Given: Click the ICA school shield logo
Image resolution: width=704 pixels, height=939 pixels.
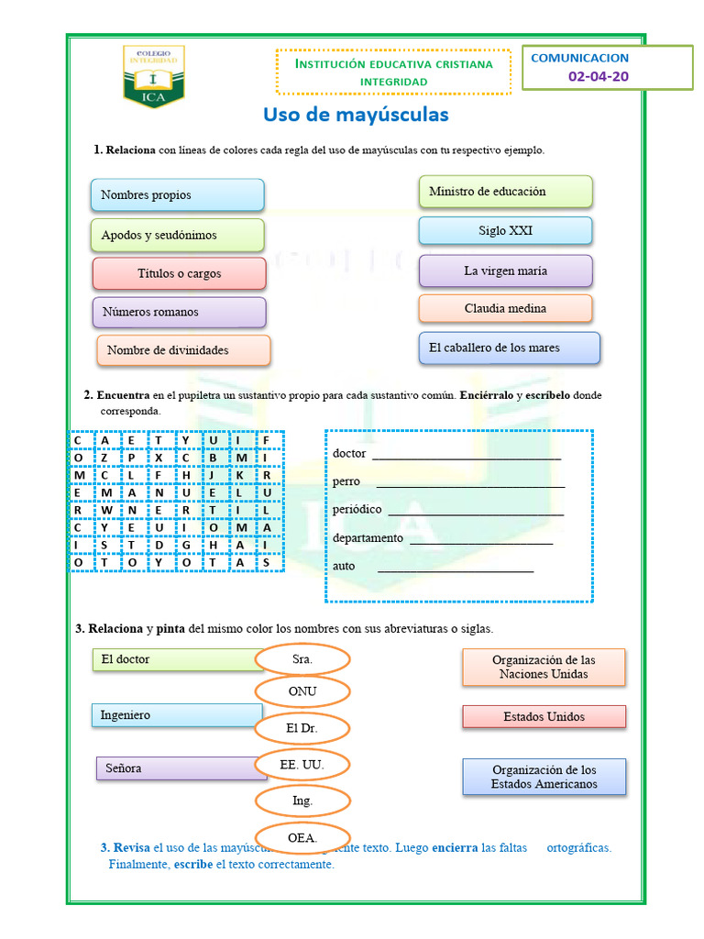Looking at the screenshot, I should click(x=152, y=76).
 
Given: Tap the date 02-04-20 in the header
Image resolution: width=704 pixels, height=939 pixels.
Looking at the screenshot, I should click(x=599, y=76).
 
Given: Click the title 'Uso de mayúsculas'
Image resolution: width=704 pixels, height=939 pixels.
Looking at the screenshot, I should click(x=356, y=115).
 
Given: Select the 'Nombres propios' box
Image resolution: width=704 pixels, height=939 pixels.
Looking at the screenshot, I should click(x=177, y=194).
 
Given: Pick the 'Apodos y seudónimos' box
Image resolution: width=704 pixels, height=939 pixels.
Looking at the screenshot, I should click(x=177, y=235).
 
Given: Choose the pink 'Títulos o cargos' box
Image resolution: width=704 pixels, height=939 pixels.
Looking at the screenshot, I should click(x=179, y=273).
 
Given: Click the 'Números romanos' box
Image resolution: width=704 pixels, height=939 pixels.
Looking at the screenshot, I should click(x=179, y=312).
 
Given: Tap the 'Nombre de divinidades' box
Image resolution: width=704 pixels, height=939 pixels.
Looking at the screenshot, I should click(x=183, y=350).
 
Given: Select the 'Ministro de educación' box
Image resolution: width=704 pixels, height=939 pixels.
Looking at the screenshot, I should click(x=505, y=192).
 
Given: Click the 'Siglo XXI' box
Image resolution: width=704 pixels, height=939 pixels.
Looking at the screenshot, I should click(x=505, y=231).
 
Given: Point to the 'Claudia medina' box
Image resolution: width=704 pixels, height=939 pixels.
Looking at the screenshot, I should click(x=505, y=309).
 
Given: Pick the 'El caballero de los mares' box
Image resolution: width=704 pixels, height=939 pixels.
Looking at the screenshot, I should click(x=509, y=348).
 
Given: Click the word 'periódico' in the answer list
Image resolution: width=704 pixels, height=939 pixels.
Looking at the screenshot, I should click(x=357, y=510).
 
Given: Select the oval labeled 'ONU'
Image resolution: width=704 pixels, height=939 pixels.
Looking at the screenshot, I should click(x=302, y=691).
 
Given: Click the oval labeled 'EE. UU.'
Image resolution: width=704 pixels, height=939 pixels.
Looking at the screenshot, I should click(x=302, y=764).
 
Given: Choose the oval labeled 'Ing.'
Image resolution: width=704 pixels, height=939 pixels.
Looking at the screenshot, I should click(x=302, y=801).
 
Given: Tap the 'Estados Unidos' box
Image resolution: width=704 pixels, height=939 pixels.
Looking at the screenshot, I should click(x=544, y=717).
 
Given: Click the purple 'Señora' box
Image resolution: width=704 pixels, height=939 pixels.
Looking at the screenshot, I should click(x=181, y=768).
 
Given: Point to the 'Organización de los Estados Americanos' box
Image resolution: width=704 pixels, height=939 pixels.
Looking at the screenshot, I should click(x=544, y=777).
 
